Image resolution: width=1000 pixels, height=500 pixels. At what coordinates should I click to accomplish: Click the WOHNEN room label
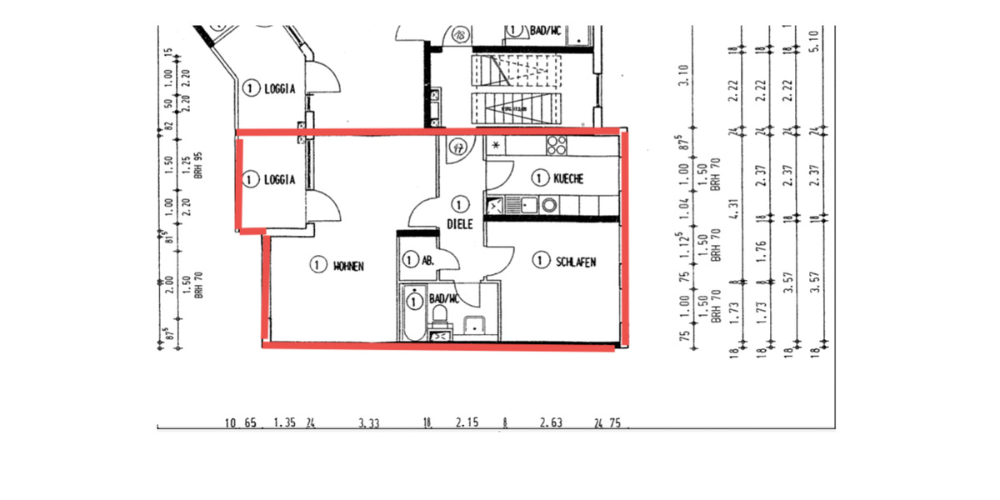(350, 266)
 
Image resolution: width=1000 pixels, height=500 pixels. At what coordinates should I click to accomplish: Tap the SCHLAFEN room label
(576, 262)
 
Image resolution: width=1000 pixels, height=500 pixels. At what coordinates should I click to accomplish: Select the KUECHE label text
(567, 178)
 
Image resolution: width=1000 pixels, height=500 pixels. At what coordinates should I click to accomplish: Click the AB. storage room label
(428, 261)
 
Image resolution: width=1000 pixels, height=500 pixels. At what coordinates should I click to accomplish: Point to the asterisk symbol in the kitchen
(497, 147)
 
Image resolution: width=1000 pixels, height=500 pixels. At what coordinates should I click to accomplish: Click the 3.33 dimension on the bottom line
(369, 423)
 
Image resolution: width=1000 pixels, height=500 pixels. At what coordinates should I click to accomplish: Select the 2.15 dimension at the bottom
(466, 423)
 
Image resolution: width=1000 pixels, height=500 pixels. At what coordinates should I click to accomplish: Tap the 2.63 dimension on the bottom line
(551, 423)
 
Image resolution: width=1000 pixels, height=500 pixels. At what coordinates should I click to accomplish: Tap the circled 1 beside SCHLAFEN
(541, 262)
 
